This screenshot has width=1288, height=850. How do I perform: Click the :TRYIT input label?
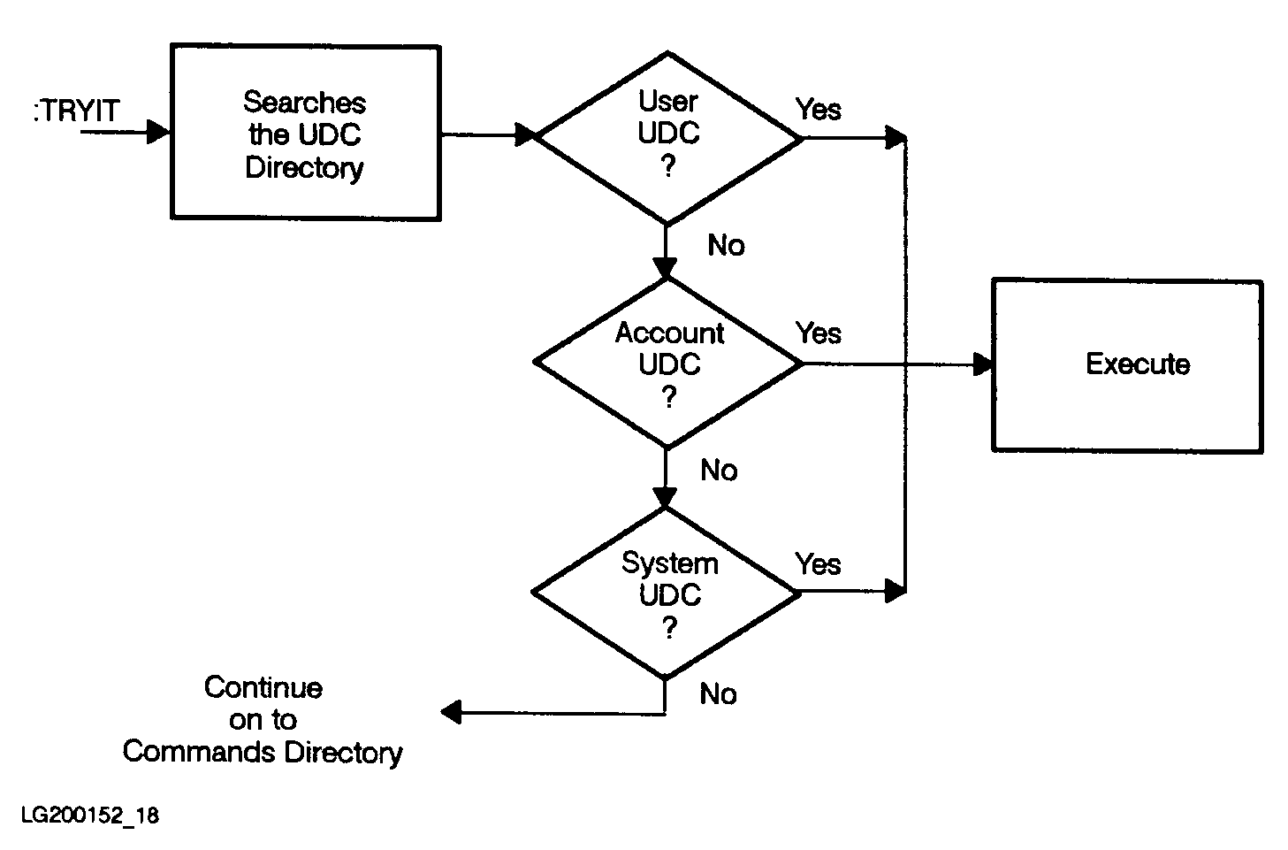point(76,112)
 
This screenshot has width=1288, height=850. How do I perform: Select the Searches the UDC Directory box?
point(305,133)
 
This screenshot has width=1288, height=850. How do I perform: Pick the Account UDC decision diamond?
point(668,364)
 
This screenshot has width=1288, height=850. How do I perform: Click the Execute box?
point(1127,365)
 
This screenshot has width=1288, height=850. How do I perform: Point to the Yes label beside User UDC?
point(818,110)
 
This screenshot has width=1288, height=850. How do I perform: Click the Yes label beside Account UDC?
point(818,333)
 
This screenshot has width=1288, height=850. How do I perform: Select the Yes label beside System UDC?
point(818,564)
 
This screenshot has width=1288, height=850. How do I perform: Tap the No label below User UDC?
point(726,246)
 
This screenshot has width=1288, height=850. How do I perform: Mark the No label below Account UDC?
point(719,471)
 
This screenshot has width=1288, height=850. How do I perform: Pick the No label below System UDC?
point(718,694)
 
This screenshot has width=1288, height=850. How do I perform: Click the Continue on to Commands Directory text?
point(263,720)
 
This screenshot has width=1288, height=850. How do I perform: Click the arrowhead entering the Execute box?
point(982,364)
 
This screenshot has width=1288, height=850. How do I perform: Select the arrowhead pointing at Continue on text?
point(451,712)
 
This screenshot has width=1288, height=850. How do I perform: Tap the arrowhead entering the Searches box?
point(158,133)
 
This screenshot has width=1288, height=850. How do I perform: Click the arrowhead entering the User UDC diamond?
point(526,135)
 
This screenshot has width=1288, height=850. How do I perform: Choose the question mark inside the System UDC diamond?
point(669,627)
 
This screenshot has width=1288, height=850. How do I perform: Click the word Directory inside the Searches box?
point(304,168)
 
